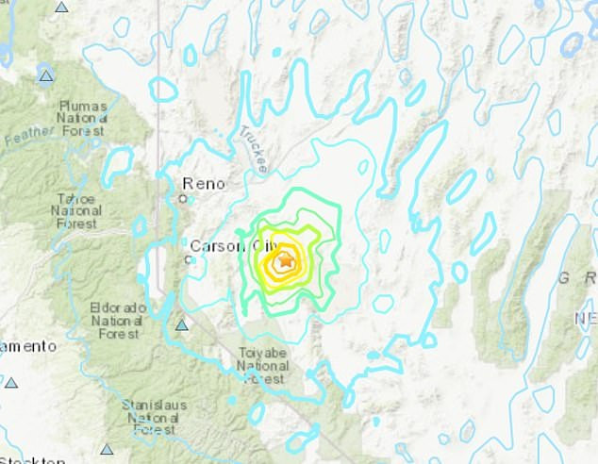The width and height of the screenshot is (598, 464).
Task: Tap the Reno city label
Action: pos(203,184)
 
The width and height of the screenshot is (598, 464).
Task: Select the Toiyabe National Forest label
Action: pos(262,366)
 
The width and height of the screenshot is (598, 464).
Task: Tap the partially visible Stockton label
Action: pos(32,460)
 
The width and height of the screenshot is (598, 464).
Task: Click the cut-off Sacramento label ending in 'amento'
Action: pos(28,347)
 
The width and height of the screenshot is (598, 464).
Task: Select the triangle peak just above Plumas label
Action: pos(45,75)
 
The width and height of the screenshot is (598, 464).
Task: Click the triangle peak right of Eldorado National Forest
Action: pos(182,325)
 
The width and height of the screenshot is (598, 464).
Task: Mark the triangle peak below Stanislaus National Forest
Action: pos(108,450)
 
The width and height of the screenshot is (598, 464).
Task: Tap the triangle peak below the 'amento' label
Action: pos(11,382)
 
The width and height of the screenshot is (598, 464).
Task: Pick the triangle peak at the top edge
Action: pos(61,7)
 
